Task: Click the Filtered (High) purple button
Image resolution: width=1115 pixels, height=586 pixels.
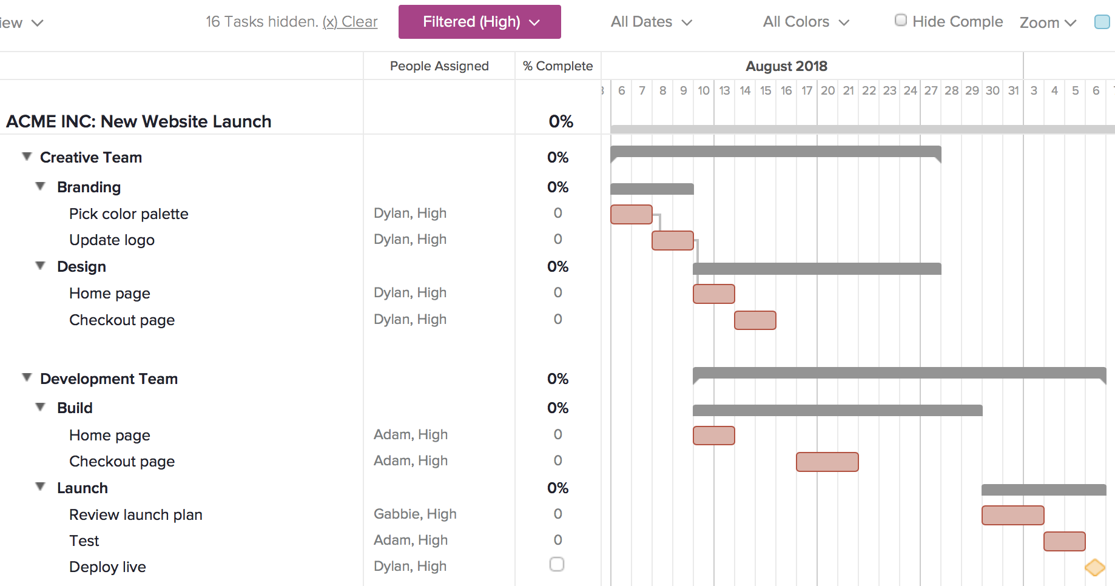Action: point(479,22)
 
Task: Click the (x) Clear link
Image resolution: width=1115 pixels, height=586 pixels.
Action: point(350,22)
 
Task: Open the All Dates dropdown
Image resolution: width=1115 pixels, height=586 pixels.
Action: point(651,22)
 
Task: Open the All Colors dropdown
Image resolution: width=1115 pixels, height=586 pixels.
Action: point(806,22)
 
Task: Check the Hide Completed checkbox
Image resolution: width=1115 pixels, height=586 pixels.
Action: point(901,21)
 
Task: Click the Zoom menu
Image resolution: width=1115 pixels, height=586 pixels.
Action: point(1048,22)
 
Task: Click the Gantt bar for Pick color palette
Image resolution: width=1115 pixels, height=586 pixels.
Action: point(631,214)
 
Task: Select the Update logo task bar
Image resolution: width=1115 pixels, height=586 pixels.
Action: point(672,240)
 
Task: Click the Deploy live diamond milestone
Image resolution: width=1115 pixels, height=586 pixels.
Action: point(1094,567)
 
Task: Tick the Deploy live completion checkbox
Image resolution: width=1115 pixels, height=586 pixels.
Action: point(556,564)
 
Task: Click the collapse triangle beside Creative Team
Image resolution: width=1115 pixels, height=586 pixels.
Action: point(27,157)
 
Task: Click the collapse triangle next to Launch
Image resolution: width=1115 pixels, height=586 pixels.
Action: point(40,487)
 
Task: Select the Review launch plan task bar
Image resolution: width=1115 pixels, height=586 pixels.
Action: point(1012,515)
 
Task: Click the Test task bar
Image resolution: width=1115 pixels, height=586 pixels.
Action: point(1064,541)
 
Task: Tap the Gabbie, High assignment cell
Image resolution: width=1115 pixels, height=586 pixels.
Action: point(415,514)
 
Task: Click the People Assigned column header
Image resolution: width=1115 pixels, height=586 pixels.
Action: point(439,66)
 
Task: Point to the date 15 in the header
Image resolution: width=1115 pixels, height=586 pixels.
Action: point(766,90)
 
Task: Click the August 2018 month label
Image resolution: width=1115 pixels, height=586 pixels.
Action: point(786,66)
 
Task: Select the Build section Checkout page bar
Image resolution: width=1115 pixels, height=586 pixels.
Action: point(827,462)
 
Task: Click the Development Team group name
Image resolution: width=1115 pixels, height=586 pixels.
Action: point(109,379)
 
